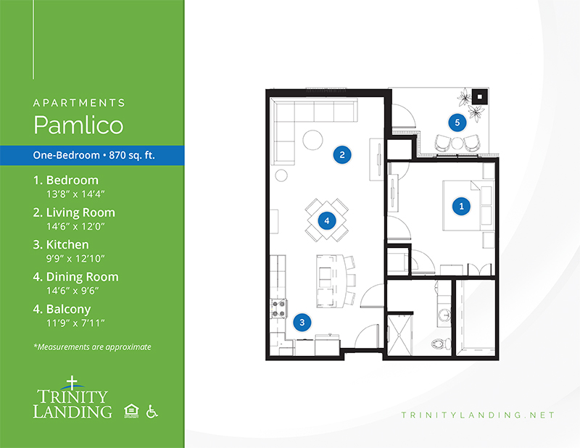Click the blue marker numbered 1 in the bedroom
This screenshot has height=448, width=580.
[461, 207]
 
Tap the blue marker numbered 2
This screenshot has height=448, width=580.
[342, 154]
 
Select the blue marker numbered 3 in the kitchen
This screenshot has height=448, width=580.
[302, 322]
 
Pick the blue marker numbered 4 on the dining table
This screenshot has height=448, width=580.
[327, 221]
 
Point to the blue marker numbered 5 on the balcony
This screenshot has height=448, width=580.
[457, 123]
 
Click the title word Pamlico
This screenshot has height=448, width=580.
[78, 125]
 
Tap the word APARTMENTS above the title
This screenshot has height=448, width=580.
[79, 103]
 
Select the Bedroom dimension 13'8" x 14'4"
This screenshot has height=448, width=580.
[75, 194]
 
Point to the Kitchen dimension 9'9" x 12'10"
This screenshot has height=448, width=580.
[75, 258]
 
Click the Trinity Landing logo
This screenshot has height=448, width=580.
[72, 398]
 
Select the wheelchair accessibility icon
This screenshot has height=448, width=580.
[152, 411]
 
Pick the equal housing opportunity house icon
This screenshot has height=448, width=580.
[131, 411]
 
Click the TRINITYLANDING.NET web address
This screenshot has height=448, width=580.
[478, 415]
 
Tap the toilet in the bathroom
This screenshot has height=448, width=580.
[441, 344]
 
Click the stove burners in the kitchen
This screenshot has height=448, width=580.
[279, 309]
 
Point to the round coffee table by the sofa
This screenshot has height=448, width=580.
[313, 140]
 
